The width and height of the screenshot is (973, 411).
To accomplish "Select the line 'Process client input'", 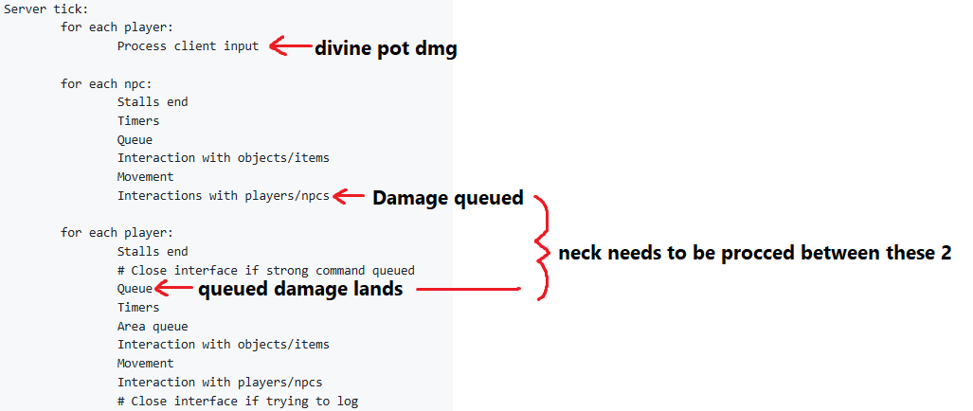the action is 188,45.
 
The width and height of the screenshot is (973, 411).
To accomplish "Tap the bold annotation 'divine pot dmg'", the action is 386,48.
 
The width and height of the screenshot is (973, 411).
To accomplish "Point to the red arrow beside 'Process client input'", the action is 291,45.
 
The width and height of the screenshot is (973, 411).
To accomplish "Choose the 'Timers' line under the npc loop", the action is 138,121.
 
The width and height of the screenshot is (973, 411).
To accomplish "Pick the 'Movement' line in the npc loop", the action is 145,177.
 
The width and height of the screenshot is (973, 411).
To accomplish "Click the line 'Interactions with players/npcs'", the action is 224,196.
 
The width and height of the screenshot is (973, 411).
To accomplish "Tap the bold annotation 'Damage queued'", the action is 447,198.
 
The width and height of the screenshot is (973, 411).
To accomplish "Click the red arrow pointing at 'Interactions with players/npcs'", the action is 349,197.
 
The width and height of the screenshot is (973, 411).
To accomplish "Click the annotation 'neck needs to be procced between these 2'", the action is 754,254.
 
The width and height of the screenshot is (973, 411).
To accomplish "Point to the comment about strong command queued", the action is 265,270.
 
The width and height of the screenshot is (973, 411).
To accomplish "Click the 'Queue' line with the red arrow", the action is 135,289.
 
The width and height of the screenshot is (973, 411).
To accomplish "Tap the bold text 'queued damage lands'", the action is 300,289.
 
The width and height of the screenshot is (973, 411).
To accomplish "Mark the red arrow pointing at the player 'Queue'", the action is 173,288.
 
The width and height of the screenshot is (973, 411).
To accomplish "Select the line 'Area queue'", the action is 153,326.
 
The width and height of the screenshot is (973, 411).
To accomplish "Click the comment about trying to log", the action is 238,402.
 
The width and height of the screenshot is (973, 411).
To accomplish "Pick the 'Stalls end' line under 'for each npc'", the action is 153,101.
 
